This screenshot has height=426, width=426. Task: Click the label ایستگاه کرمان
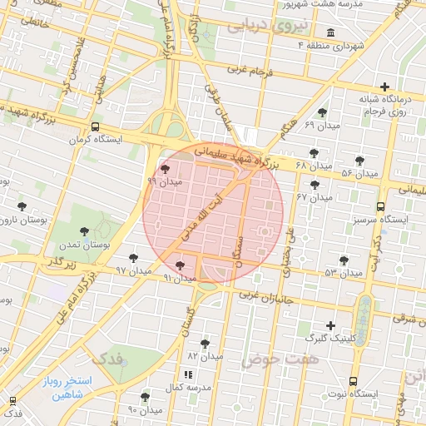point(121,140)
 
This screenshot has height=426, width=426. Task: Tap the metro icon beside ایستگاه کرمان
point(96,127)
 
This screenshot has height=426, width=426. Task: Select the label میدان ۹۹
point(164,181)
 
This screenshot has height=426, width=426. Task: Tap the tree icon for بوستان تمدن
point(83,231)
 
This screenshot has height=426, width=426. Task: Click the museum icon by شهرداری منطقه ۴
point(331,33)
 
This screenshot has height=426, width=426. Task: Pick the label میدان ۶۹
point(321,125)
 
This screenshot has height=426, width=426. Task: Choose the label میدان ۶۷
point(314,197)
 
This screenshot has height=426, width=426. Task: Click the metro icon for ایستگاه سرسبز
point(380,206)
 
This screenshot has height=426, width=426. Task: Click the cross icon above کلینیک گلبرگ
point(331,325)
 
